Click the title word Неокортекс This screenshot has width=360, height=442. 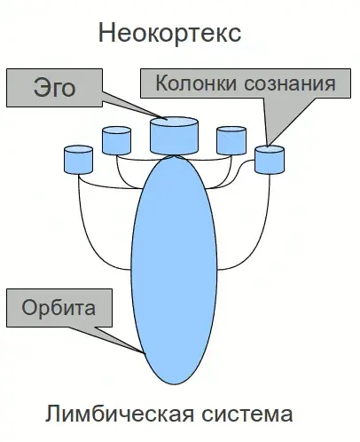pyautogui.click(x=170, y=35)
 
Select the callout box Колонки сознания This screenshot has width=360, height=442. pyautogui.click(x=246, y=84)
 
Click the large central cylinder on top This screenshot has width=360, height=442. pyautogui.click(x=175, y=134)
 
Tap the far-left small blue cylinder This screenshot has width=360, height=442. pyautogui.click(x=79, y=160)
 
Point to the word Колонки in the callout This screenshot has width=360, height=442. pyautogui.click(x=195, y=84)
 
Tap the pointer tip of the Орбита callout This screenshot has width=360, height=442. pyautogui.click(x=144, y=354)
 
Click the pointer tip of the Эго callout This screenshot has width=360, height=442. pyautogui.click(x=162, y=118)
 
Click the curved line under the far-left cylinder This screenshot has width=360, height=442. pyautogui.click(x=82, y=213)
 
